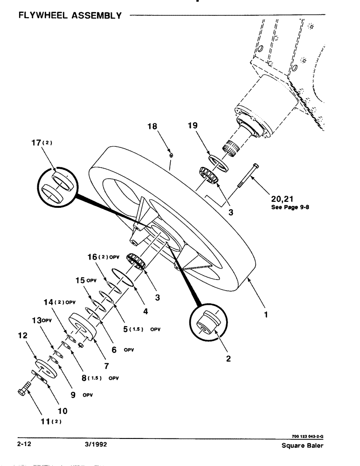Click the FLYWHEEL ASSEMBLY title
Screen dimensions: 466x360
coord(70,15)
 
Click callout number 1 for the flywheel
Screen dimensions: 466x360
coord(265,315)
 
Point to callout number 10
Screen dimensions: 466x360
coord(62,411)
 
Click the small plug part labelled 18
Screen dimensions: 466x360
coord(171,155)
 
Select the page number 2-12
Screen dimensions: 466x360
coord(24,445)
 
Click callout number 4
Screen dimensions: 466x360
coord(145,311)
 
